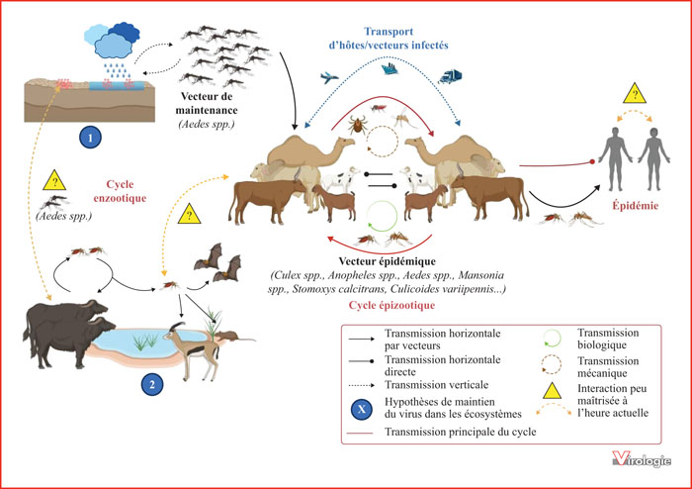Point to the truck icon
[x=451, y=75]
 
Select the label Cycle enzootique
[x=130, y=191]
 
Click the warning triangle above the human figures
[x=631, y=95]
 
